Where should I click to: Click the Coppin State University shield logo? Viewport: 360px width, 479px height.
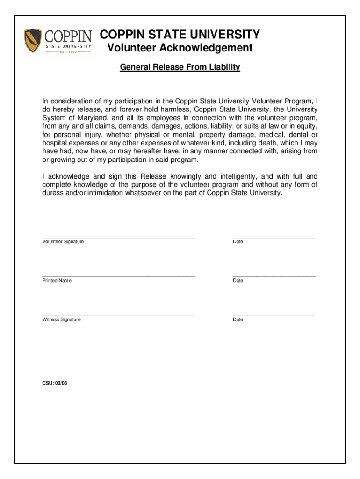point(33,40)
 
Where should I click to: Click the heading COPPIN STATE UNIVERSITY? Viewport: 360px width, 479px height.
point(180,35)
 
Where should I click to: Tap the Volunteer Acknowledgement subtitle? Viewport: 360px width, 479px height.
point(180,48)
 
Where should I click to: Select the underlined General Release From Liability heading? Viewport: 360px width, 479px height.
point(180,67)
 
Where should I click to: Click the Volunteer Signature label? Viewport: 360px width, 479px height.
point(63,241)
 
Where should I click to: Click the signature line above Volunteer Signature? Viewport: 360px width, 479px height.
point(119,238)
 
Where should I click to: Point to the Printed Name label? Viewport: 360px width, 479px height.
point(57,281)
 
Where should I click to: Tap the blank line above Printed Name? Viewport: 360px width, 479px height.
point(119,277)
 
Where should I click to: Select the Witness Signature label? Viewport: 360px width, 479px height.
point(62,319)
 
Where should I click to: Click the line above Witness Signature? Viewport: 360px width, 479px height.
point(119,316)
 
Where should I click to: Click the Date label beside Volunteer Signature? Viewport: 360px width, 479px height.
point(238,241)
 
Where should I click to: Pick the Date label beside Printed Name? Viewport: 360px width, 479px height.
point(238,281)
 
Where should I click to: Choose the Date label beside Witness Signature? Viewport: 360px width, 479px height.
point(238,319)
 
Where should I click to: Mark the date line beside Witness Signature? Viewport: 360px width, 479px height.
point(274,316)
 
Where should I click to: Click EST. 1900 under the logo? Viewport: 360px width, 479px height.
point(68,52)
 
